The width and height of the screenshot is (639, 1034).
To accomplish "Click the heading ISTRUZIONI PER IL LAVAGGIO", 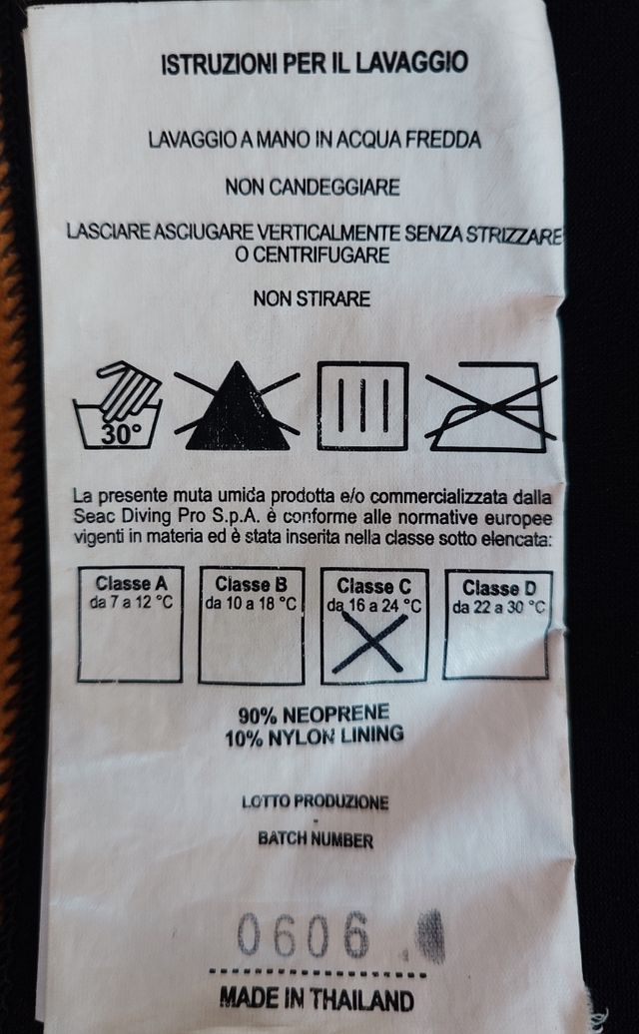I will tap(314, 64).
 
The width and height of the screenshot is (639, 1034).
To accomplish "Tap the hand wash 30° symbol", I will tap(118, 406).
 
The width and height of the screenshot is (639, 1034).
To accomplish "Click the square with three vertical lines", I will tap(362, 405).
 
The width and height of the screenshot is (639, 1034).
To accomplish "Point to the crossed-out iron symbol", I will tap(488, 406).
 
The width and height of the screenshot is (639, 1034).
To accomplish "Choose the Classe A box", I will tap(130, 625).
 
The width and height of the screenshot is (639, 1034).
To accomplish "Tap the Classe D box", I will tap(497, 624).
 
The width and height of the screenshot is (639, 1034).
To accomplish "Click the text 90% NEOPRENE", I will tap(314, 715).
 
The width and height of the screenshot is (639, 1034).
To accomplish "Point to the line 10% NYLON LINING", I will tap(316, 737).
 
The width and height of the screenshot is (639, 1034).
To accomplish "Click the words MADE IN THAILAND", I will tap(316, 999).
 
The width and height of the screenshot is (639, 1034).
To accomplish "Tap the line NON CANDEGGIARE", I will tap(313, 187).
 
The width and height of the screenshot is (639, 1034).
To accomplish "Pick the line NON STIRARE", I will tap(312, 297).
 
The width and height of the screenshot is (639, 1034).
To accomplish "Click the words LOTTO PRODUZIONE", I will tap(315, 801).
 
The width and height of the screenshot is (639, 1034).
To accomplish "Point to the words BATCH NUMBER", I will tap(316, 839).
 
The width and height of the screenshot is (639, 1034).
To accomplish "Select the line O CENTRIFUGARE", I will tap(313, 256).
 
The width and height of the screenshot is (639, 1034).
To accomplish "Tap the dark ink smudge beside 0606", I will tap(430, 936).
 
